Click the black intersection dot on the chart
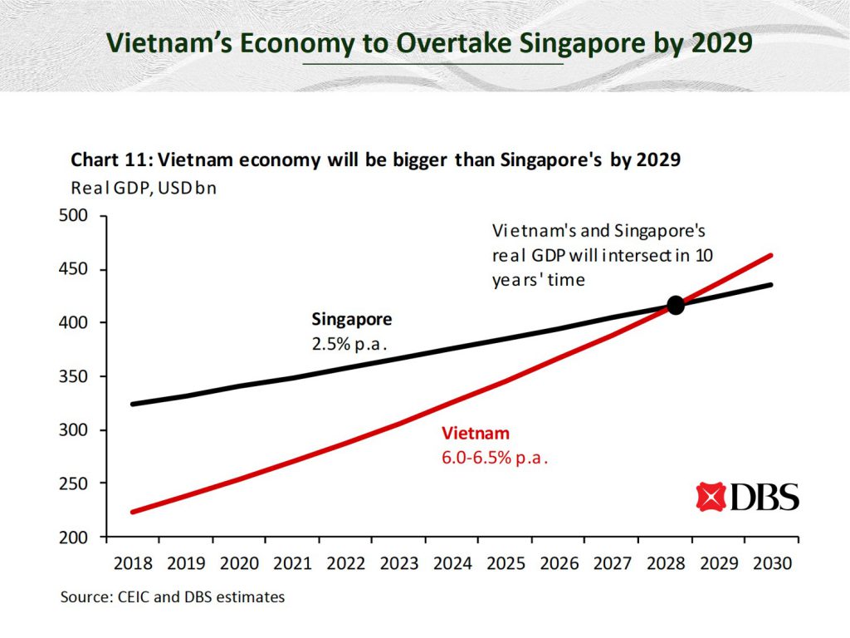tap(676, 306)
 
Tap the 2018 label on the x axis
tap(134, 563)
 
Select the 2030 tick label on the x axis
tap(770, 563)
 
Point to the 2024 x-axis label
tap(452, 563)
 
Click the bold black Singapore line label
tap(351, 319)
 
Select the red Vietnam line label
tap(475, 434)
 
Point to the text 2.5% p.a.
tap(350, 343)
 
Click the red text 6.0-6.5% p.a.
tap(496, 458)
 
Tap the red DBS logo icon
tap(711, 497)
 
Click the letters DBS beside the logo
tap(765, 497)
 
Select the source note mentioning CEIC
tap(172, 596)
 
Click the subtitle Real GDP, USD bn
tap(144, 188)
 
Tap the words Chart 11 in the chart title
tap(106, 160)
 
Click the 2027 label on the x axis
tap(611, 563)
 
